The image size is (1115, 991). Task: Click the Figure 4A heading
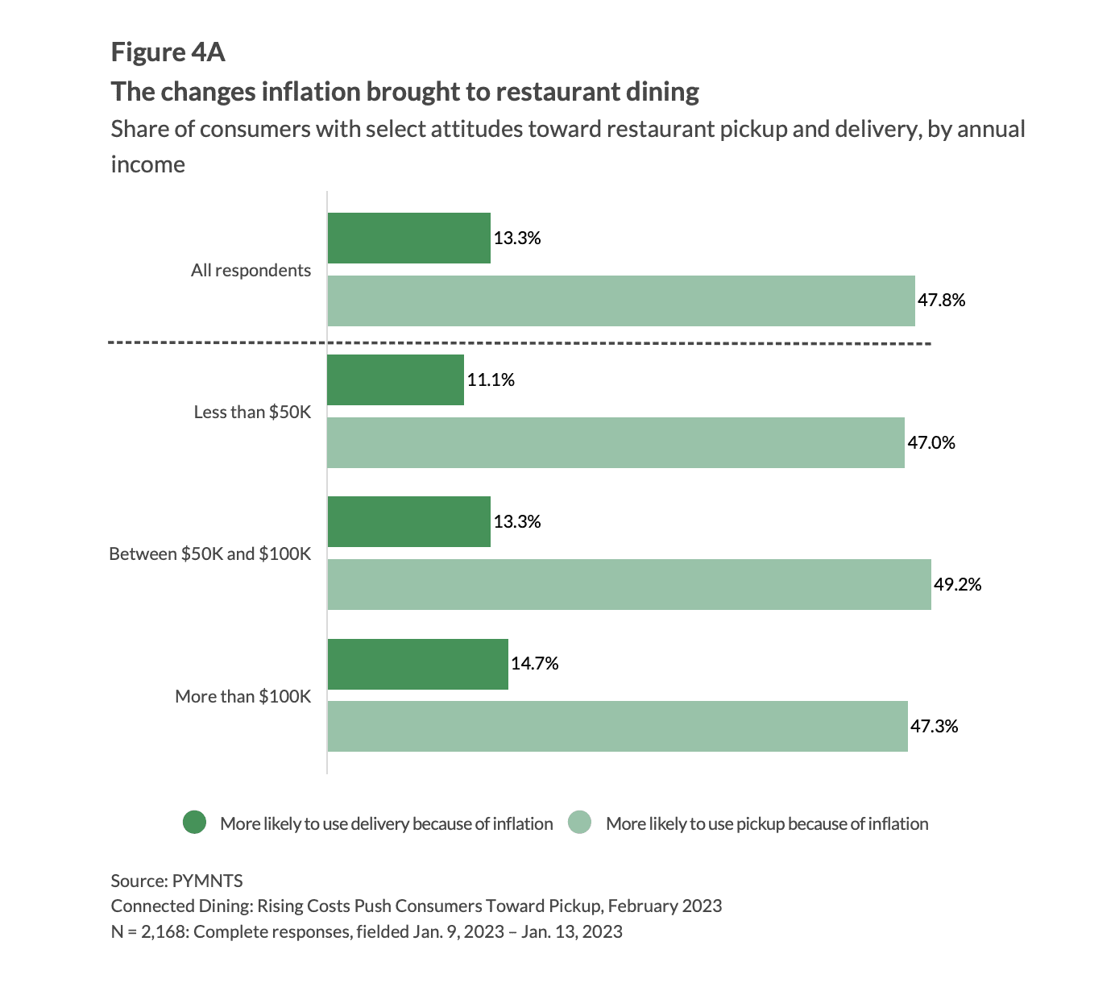[x=168, y=52]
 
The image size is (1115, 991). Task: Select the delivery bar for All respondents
[x=408, y=238]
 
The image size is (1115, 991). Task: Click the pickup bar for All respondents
[x=620, y=301]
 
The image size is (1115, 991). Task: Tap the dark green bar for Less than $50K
[x=396, y=379]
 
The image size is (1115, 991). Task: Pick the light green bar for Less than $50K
[x=616, y=442]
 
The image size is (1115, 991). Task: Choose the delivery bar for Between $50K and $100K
[x=408, y=521]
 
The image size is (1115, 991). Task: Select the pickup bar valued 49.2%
[x=628, y=584]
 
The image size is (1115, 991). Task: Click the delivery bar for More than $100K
[x=417, y=664]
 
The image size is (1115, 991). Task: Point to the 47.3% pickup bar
[x=617, y=726]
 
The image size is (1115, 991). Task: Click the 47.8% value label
[x=941, y=301]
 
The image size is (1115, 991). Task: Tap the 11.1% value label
[x=491, y=379]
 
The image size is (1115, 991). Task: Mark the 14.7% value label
[x=534, y=664]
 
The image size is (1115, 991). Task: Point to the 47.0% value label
[x=931, y=442]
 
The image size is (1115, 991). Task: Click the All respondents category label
[x=251, y=271]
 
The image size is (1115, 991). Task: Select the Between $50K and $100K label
[x=209, y=554]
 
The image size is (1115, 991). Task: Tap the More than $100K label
[x=242, y=696]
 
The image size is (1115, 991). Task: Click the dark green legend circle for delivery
[x=195, y=823]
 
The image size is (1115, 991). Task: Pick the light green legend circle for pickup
[x=580, y=823]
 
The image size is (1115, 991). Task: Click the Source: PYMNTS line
[x=176, y=880]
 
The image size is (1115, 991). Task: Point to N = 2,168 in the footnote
[x=148, y=932]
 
